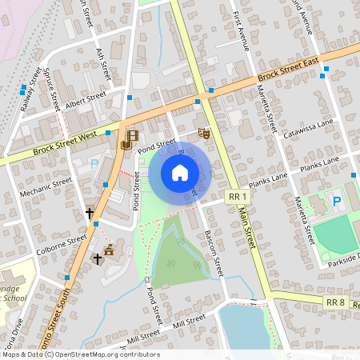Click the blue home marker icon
click(x=179, y=173)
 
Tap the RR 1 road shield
click(x=237, y=196)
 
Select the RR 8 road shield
click(x=335, y=301)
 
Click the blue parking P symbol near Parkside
click(x=336, y=202)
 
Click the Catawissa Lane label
click(x=308, y=131)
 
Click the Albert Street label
click(x=86, y=100)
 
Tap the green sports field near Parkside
click(x=334, y=234)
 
